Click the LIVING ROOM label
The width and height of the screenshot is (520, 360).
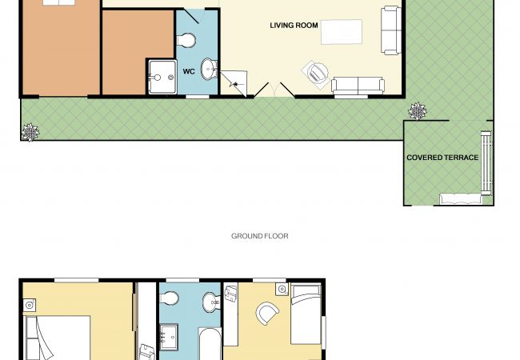294,25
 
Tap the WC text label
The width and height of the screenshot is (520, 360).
189,71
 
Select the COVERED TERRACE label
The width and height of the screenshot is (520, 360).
442,158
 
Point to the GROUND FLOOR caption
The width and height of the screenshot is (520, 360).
260,236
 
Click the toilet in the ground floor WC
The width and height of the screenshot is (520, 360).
186,41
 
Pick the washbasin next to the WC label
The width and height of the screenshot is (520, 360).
209,70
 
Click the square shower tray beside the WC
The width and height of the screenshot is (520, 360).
162,77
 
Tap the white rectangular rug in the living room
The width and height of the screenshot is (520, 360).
342,32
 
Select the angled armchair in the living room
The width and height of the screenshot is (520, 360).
316,74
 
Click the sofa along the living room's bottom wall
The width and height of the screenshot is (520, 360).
358,85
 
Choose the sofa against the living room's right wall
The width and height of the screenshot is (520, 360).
391,30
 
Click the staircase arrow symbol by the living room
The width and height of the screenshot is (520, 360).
235,84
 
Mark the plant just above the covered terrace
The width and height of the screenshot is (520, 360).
417,110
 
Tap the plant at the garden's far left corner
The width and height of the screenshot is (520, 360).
30,132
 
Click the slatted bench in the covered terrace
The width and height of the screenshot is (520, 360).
486,162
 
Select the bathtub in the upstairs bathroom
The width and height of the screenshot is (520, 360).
210,343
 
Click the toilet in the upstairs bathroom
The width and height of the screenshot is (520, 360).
170,298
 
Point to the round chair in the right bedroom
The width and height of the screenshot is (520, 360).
267,314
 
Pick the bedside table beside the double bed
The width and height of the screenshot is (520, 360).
30,305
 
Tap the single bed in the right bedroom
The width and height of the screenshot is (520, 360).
306,314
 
